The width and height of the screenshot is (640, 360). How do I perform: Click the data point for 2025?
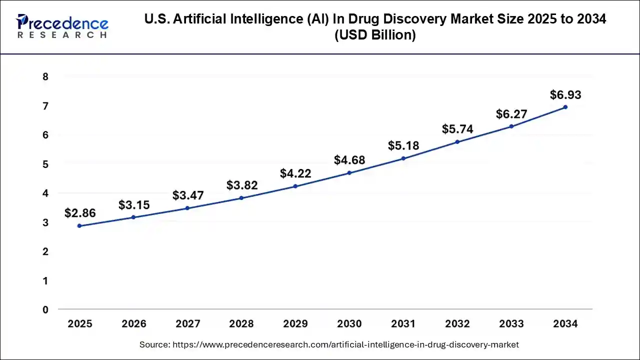pyautogui.click(x=79, y=226)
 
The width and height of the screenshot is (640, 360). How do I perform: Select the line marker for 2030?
pyautogui.click(x=349, y=173)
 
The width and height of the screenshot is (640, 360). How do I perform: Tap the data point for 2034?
pyautogui.click(x=565, y=107)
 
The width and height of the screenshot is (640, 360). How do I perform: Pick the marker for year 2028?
pyautogui.click(x=241, y=198)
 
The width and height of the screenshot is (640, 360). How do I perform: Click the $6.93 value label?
pyautogui.click(x=565, y=94)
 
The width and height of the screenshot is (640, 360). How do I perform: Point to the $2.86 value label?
pyautogui.click(x=80, y=213)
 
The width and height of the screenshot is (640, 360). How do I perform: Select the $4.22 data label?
pyautogui.click(x=295, y=173)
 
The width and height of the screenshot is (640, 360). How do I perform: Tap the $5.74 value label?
pyautogui.click(x=457, y=129)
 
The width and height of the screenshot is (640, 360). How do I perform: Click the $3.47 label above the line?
pyautogui.click(x=188, y=195)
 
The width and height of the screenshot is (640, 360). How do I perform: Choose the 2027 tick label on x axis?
pyautogui.click(x=187, y=324)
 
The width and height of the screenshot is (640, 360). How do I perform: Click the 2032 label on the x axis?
pyautogui.click(x=457, y=324)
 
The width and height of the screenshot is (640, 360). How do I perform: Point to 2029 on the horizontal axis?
pyautogui.click(x=295, y=324)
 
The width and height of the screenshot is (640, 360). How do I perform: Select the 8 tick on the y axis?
pyautogui.click(x=45, y=77)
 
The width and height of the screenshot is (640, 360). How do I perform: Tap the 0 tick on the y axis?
pyautogui.click(x=45, y=310)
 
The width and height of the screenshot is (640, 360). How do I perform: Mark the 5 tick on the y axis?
pyautogui.click(x=45, y=164)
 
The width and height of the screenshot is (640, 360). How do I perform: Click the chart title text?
pyautogui.click(x=375, y=27)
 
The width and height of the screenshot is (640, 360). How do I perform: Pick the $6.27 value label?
pyautogui.click(x=511, y=114)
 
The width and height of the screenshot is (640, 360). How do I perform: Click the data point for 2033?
pyautogui.click(x=511, y=126)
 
